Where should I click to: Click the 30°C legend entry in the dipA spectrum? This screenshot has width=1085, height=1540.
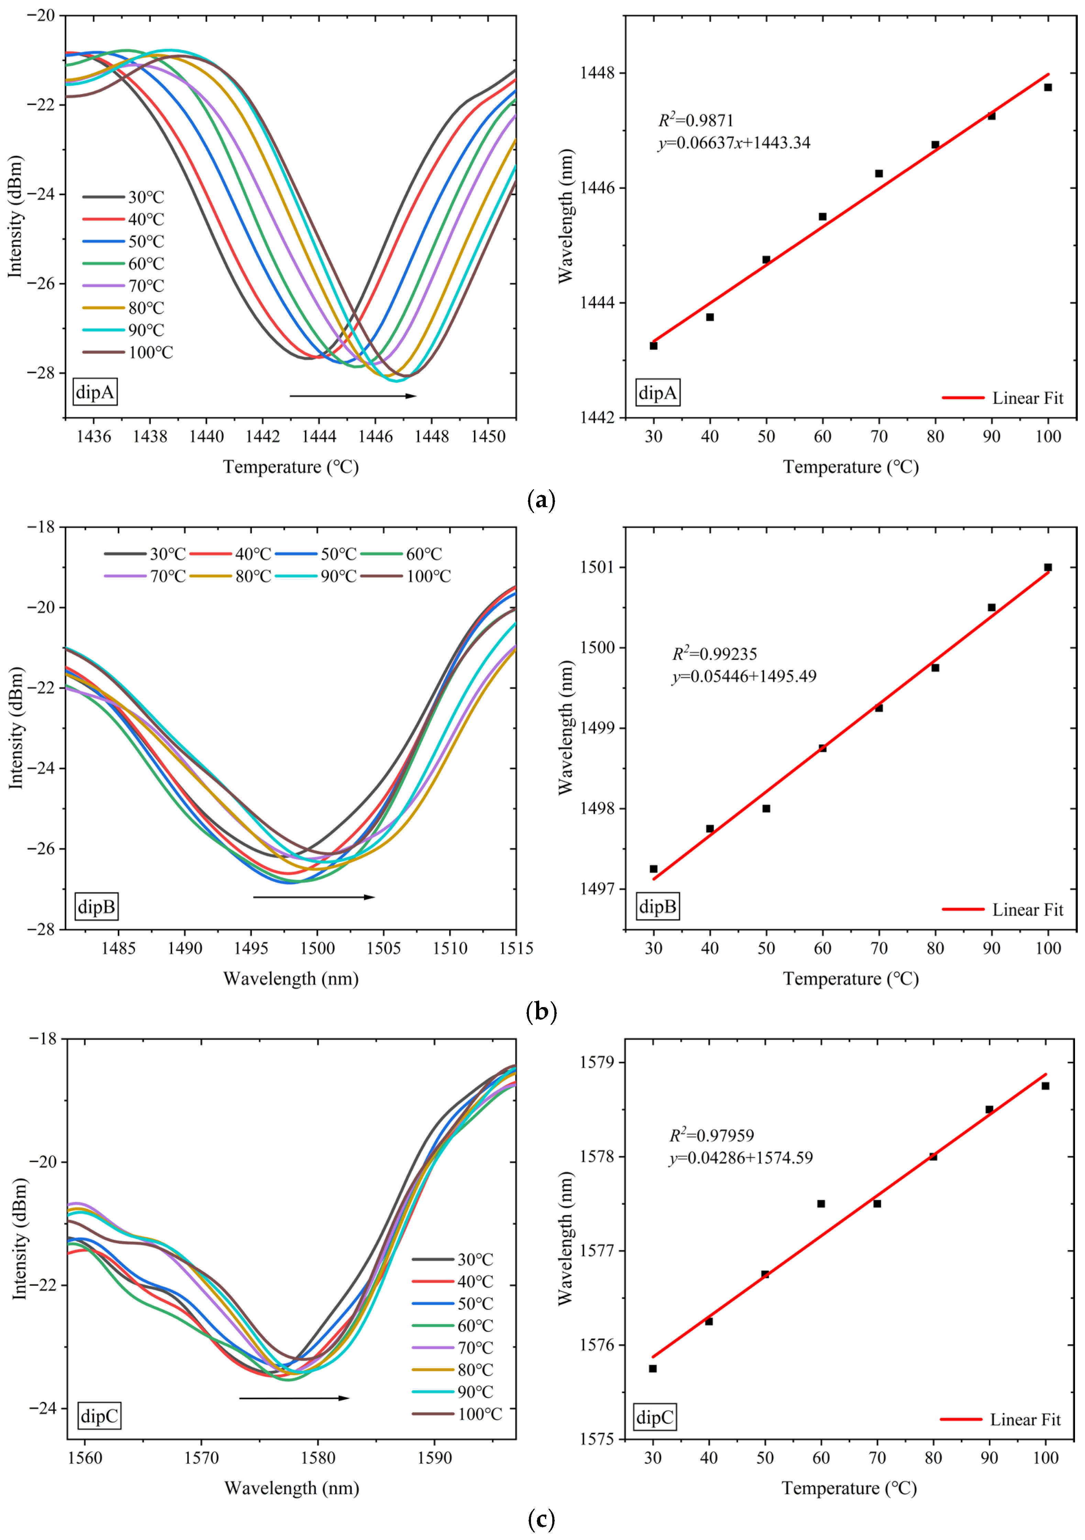[x=124, y=197]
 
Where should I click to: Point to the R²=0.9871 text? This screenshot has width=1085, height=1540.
[x=696, y=121]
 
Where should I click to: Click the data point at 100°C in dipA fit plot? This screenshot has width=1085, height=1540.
[x=1048, y=87]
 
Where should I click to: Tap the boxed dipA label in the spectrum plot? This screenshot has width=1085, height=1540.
[x=95, y=392]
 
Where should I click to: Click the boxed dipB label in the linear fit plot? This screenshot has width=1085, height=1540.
[x=657, y=907]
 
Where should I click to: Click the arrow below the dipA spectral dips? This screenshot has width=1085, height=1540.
[x=353, y=396]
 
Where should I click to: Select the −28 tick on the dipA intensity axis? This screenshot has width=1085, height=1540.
[x=42, y=373]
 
